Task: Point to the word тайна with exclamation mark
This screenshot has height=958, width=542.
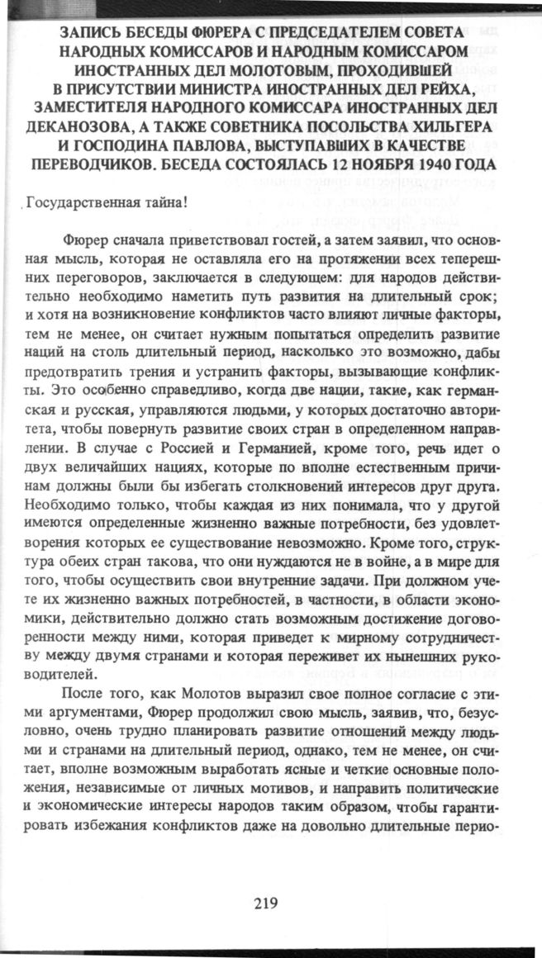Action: coord(165,204)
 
